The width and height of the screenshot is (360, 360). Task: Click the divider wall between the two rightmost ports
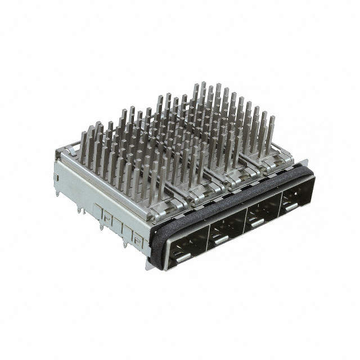280,202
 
